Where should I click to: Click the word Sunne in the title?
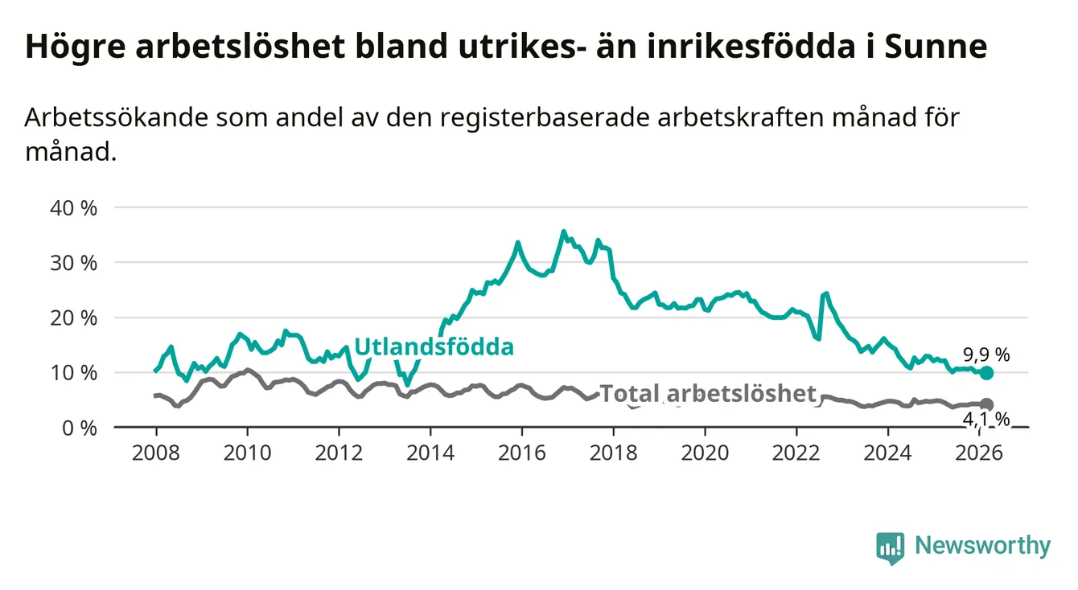(935, 47)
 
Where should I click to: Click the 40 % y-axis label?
(75, 207)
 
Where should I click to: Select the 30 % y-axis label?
(75, 263)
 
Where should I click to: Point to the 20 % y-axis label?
(75, 318)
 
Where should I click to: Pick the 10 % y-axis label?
(75, 373)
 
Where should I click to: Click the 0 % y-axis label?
(79, 428)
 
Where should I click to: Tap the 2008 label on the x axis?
(154, 453)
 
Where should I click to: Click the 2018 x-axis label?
(614, 453)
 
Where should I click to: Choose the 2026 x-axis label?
(981, 453)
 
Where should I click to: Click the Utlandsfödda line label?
(434, 347)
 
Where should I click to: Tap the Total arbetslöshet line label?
(708, 394)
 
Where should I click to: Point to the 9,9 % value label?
(985, 354)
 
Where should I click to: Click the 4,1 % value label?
(985, 418)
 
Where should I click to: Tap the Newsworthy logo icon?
(890, 547)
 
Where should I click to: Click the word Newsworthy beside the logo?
(982, 547)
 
